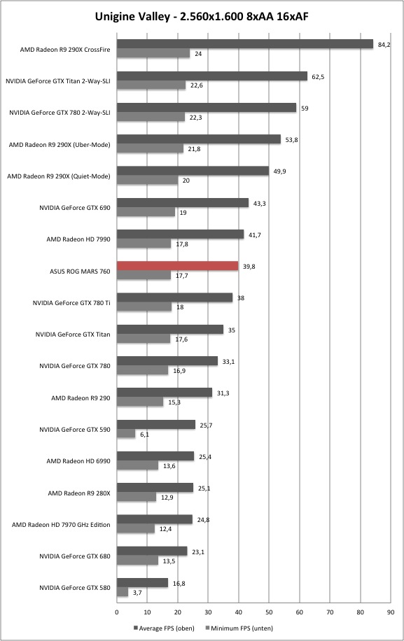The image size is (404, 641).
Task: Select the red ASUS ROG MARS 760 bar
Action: click(x=177, y=266)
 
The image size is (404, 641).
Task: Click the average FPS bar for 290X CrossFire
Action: click(x=245, y=44)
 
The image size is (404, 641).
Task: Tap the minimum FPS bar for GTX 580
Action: click(x=123, y=592)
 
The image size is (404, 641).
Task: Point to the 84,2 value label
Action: click(x=384, y=45)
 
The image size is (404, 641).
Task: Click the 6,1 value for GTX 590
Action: click(x=144, y=434)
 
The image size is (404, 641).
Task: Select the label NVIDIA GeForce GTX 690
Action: click(x=75, y=208)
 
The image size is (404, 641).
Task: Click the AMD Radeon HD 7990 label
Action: click(x=78, y=239)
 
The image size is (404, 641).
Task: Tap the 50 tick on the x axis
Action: click(x=269, y=612)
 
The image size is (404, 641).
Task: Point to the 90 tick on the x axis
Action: click(x=391, y=612)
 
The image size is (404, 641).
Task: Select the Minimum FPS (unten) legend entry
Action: click(x=239, y=628)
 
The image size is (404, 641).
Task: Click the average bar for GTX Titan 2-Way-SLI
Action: click(x=212, y=76)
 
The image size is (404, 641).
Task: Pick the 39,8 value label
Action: click(x=249, y=266)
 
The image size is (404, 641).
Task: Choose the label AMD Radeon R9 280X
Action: click(x=79, y=493)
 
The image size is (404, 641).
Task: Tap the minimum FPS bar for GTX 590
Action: click(x=126, y=434)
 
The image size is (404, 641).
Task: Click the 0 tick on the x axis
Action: click(x=116, y=612)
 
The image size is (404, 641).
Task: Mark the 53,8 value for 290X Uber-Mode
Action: click(x=291, y=140)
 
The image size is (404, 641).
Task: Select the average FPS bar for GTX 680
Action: click(x=152, y=551)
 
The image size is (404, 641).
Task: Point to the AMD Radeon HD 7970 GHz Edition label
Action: click(x=61, y=525)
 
